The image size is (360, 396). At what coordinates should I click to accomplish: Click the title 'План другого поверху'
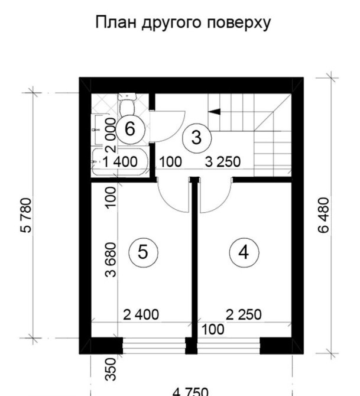[183, 23]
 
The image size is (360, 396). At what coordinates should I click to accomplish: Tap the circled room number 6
[130, 129]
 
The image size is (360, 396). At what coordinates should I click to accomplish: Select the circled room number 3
[196, 138]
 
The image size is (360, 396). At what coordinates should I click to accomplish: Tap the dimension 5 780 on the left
[27, 215]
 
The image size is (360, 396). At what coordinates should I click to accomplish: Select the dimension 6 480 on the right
[324, 215]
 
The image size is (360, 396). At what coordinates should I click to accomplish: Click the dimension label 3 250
[223, 162]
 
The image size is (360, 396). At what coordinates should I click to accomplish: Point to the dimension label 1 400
[120, 162]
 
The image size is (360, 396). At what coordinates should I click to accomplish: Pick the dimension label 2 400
[141, 314]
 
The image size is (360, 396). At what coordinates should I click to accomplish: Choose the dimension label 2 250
[244, 314]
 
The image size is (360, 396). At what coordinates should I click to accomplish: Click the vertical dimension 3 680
[111, 260]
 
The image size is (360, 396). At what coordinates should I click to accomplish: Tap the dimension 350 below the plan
[111, 369]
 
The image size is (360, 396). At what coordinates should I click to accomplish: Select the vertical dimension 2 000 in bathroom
[111, 135]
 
